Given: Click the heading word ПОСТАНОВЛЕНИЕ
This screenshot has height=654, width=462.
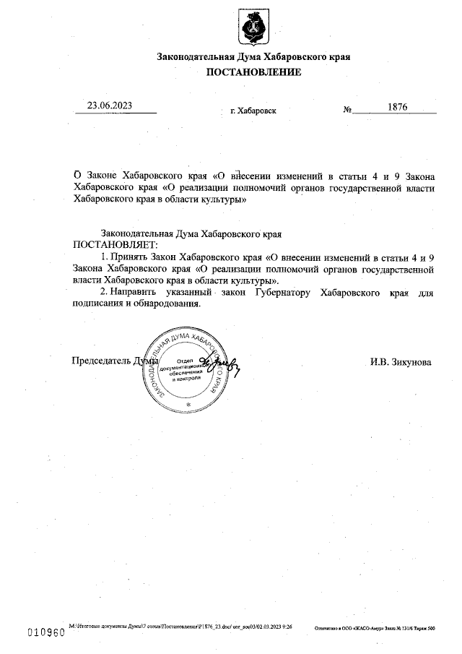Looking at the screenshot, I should click(254, 72).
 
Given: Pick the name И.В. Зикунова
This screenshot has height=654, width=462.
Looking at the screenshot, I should click(401, 361).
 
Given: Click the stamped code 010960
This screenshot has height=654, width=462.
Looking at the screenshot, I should click(45, 631).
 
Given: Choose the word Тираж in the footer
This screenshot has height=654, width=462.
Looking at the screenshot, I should click(419, 629).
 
